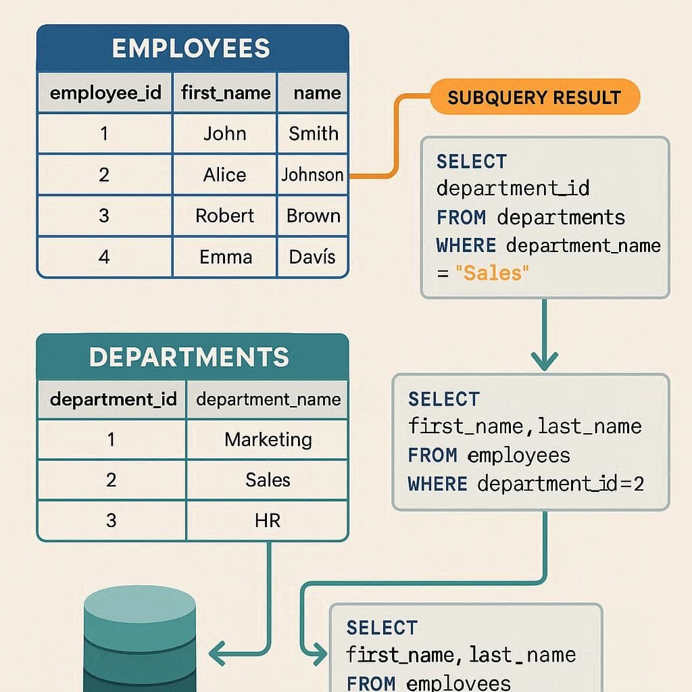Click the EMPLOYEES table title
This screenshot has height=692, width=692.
191,49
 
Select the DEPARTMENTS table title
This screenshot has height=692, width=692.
189,357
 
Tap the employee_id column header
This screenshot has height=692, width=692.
105,93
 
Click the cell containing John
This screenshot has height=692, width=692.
224,133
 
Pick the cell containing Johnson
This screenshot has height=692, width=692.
312,175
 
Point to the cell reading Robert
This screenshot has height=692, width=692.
224,216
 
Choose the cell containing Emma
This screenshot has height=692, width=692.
225,257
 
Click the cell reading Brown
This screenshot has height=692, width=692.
313,216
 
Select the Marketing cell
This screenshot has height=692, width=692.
268,439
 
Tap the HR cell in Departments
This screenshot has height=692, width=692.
268,520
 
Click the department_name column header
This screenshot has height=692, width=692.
268,399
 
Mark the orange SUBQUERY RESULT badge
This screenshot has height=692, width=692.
534,97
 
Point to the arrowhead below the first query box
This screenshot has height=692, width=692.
544,361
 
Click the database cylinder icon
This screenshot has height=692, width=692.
140,639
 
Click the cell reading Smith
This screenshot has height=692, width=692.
313,133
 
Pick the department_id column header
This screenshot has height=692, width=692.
113,399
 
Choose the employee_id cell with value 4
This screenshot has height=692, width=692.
104,257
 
